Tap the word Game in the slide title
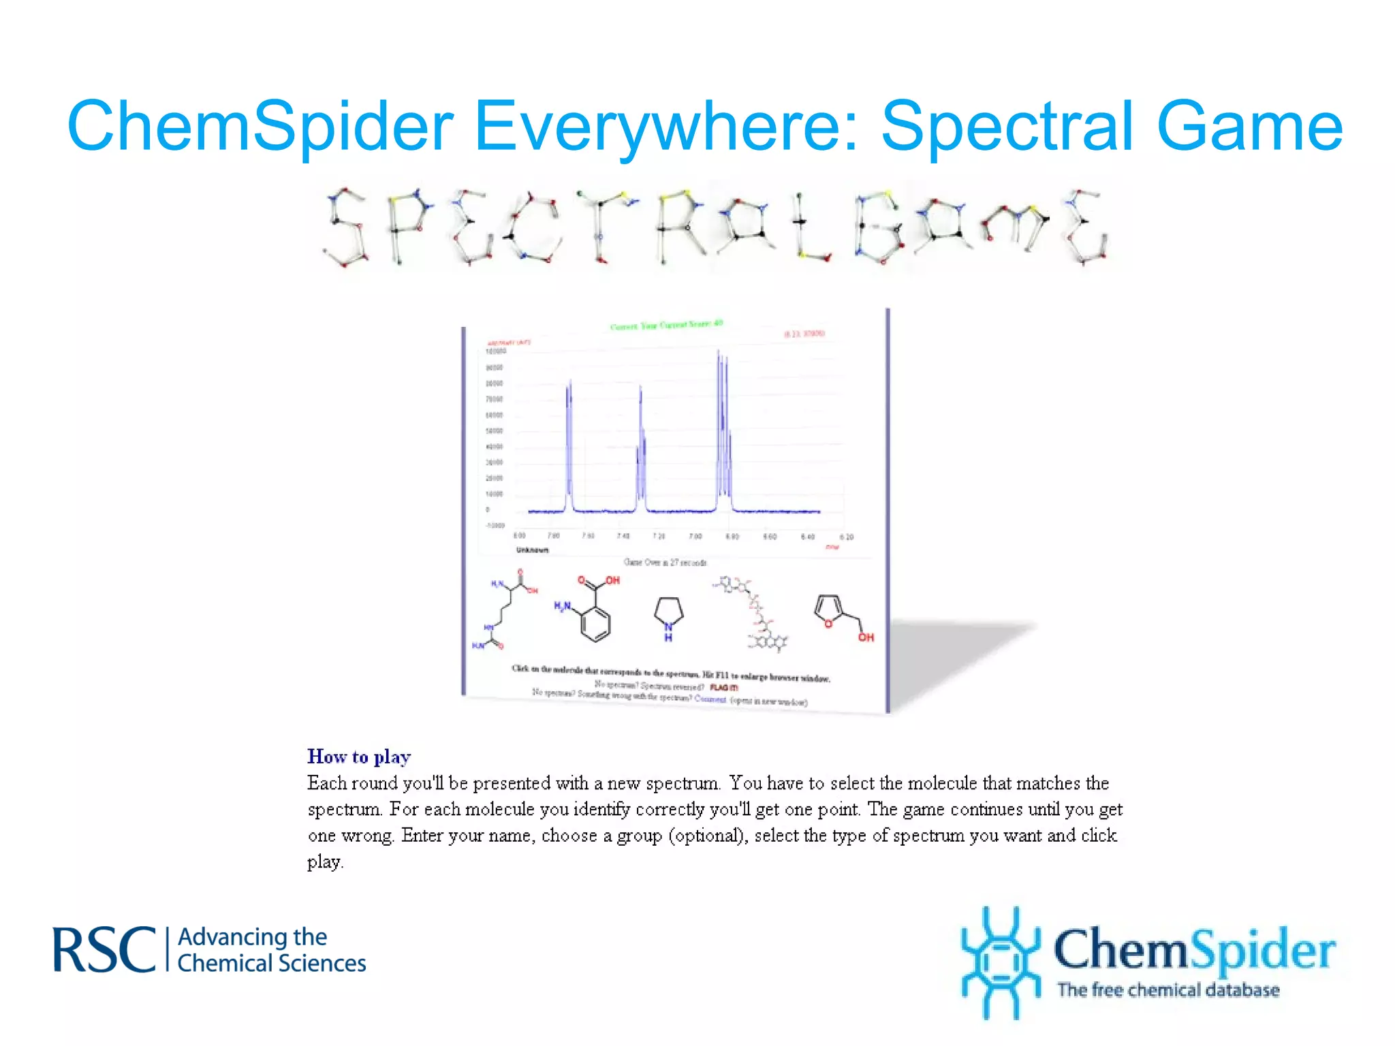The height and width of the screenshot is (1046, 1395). (x=1249, y=127)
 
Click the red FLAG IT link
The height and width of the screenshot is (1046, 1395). (x=723, y=687)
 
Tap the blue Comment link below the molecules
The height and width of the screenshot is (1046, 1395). (x=710, y=698)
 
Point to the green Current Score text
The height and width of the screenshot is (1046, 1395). (x=665, y=326)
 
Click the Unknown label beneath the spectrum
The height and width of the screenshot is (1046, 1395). (x=532, y=550)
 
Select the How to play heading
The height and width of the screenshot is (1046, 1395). (x=359, y=757)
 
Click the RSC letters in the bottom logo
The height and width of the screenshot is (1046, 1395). (x=104, y=950)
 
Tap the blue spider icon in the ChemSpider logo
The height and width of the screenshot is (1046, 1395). (x=999, y=961)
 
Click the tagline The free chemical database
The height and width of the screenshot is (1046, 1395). (x=1167, y=990)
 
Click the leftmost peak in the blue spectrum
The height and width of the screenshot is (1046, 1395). (x=569, y=443)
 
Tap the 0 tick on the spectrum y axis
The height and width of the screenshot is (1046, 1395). (x=488, y=509)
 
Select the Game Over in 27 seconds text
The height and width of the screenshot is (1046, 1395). (x=665, y=562)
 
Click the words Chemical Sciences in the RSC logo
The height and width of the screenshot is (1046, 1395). (x=271, y=964)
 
